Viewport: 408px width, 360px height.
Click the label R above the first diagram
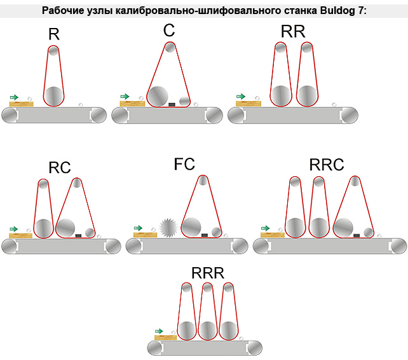54,34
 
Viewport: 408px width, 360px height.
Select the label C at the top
168,31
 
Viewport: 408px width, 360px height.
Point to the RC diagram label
60,168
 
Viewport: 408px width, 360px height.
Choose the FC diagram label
184,164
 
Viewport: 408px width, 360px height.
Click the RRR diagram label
208,273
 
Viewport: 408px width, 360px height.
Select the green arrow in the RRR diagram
160,331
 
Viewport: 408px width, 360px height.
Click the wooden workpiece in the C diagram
132,102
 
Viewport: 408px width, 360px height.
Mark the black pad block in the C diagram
172,104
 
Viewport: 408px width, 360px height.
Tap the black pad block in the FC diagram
205,235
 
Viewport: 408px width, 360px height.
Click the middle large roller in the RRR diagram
208,330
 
